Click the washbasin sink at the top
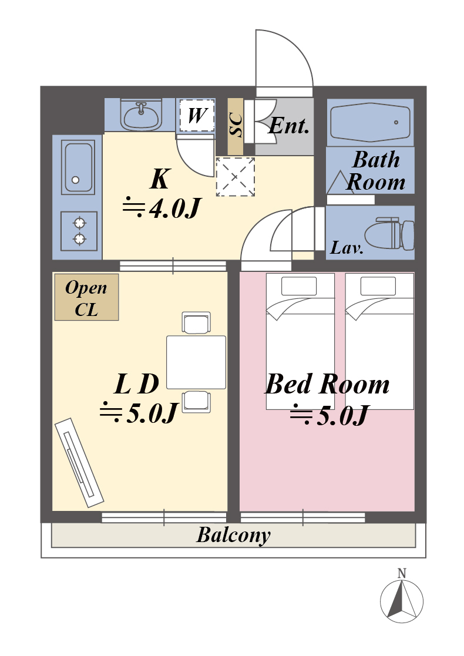pos(141,114)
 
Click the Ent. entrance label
pos(289,125)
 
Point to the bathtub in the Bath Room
pos(370,122)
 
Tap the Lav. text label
pos(347,248)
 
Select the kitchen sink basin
pos(78,167)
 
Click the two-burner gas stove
pos(79,231)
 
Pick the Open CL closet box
pos(86,297)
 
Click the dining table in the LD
pos(196,362)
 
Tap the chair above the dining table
pos(196,323)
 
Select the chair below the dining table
pos(196,402)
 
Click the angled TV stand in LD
pos(79,463)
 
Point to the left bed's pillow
pos(299,286)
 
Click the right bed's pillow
pos(378,286)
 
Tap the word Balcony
pos(233,535)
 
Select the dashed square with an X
pos(235,177)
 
